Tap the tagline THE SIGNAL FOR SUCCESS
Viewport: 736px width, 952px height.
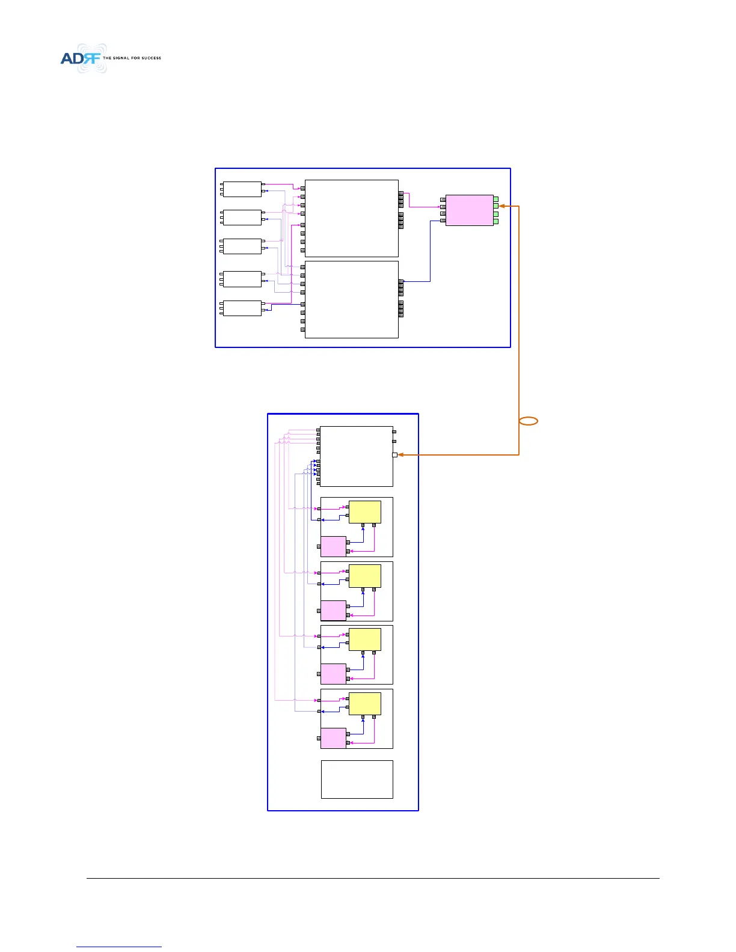132,58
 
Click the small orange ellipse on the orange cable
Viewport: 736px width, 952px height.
529,421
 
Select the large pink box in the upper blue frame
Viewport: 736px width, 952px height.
469,210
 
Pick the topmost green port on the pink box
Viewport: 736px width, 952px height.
495,199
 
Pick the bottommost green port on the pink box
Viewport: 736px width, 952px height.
495,221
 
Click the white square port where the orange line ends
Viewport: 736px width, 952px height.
394,455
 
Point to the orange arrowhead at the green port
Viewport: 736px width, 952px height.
501,206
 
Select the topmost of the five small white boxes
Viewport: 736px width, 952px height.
242,189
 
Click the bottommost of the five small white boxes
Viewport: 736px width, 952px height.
242,308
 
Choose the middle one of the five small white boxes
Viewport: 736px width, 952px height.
242,246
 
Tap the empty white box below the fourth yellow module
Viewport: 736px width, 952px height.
357,779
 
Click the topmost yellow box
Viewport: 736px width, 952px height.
365,512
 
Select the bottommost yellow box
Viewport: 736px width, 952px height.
365,704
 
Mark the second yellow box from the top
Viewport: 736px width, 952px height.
365,576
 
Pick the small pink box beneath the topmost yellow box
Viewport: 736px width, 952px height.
333,546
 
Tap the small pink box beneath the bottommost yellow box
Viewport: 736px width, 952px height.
333,738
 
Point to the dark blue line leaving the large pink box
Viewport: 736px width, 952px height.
431,252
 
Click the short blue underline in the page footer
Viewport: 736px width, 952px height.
119,947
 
